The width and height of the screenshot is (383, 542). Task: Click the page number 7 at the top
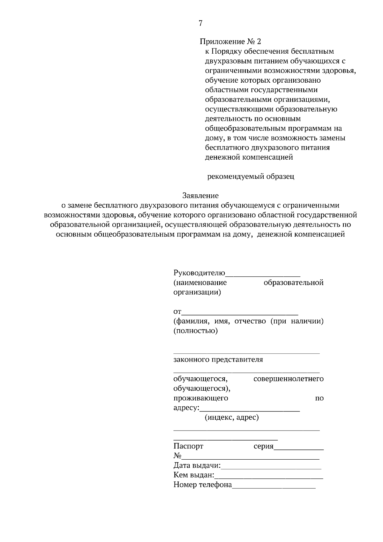(x=200, y=23)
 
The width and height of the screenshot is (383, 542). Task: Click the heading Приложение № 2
(x=230, y=41)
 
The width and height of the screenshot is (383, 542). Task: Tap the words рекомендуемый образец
(x=251, y=177)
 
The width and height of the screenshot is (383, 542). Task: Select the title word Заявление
(x=200, y=195)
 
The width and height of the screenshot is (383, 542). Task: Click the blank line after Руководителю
(x=263, y=275)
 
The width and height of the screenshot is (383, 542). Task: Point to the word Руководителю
(x=199, y=273)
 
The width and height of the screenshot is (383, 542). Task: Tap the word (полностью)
(x=196, y=331)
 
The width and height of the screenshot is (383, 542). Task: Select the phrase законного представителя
(x=218, y=360)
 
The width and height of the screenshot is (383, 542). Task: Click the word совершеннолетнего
(x=288, y=379)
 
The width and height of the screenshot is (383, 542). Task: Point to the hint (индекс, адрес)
(x=231, y=418)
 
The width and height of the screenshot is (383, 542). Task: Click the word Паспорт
(x=188, y=446)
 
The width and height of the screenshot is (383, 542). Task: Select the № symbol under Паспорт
(x=177, y=456)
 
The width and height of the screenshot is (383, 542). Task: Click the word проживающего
(x=201, y=398)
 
